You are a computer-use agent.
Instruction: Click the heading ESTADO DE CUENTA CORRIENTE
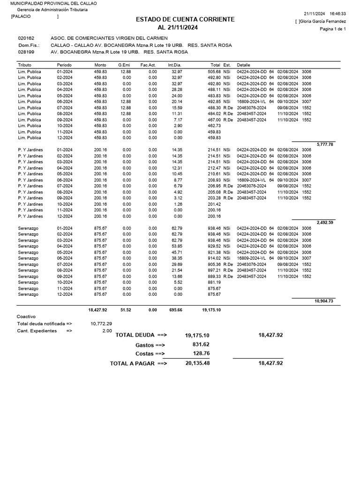coord(185,19)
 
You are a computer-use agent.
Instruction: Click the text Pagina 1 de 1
coord(333,29)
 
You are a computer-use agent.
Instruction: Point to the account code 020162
coord(26,38)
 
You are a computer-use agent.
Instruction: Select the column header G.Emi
coord(124,65)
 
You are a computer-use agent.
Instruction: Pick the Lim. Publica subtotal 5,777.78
coord(325,144)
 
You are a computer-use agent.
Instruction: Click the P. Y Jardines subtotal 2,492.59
coord(325,223)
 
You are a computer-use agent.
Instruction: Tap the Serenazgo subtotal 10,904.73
coord(323,301)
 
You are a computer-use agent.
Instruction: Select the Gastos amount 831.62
coord(201,344)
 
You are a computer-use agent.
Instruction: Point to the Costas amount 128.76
coord(201,353)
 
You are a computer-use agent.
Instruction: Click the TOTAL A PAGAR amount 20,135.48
coord(197,363)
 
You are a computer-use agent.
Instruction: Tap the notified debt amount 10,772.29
coord(101,323)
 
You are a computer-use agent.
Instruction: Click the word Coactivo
coord(26,316)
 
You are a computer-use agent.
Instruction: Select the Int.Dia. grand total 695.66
coord(173,310)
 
